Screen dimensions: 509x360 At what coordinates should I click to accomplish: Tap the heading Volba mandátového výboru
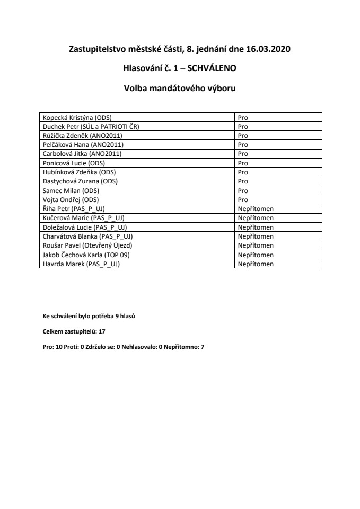coord(180,89)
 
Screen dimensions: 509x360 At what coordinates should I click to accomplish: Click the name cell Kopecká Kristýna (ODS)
coord(77,117)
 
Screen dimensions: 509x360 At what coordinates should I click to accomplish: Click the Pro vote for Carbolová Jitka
coord(243,154)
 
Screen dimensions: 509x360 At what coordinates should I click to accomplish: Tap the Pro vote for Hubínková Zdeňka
coord(243,172)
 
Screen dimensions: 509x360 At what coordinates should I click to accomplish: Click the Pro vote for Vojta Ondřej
coord(243,199)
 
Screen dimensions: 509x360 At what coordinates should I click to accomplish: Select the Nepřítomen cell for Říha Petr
coord(256,209)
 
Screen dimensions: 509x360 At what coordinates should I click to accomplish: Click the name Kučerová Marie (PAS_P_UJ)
coord(83,218)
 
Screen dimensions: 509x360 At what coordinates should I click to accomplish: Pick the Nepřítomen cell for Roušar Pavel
coord(256,245)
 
